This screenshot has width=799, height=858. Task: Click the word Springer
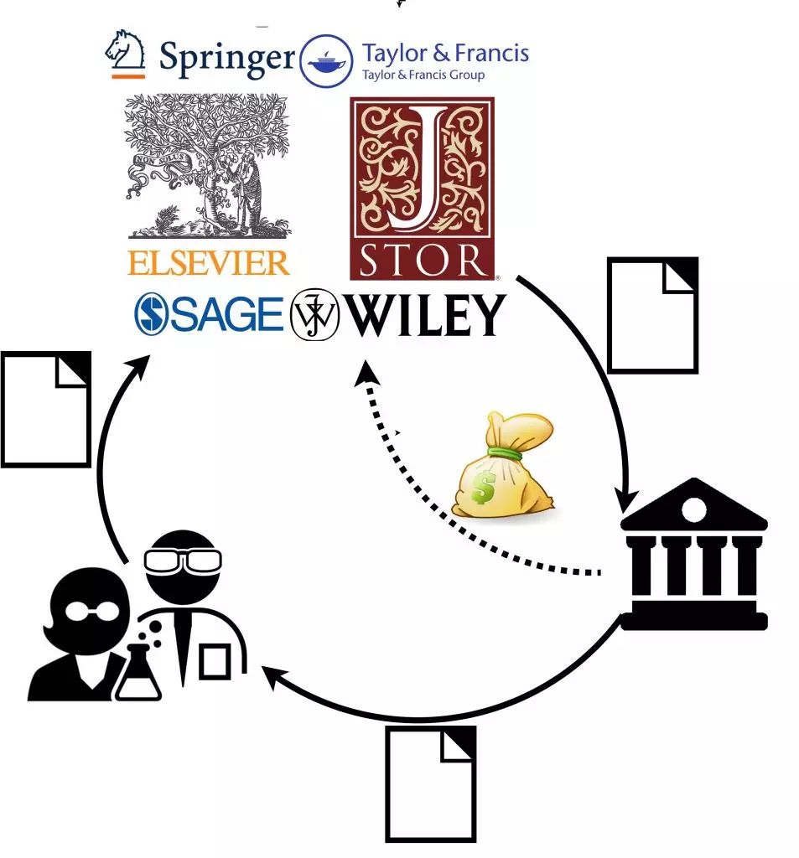pos(226,58)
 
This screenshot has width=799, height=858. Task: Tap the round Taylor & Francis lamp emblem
pos(326,61)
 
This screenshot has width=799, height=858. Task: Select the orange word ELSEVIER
pos(209,262)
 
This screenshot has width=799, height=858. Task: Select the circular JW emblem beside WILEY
pos(314,317)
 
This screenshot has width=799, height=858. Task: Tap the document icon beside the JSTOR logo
pos(652,315)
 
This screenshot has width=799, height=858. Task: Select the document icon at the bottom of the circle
pos(431,783)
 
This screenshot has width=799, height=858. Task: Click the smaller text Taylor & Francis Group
pos(423,75)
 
